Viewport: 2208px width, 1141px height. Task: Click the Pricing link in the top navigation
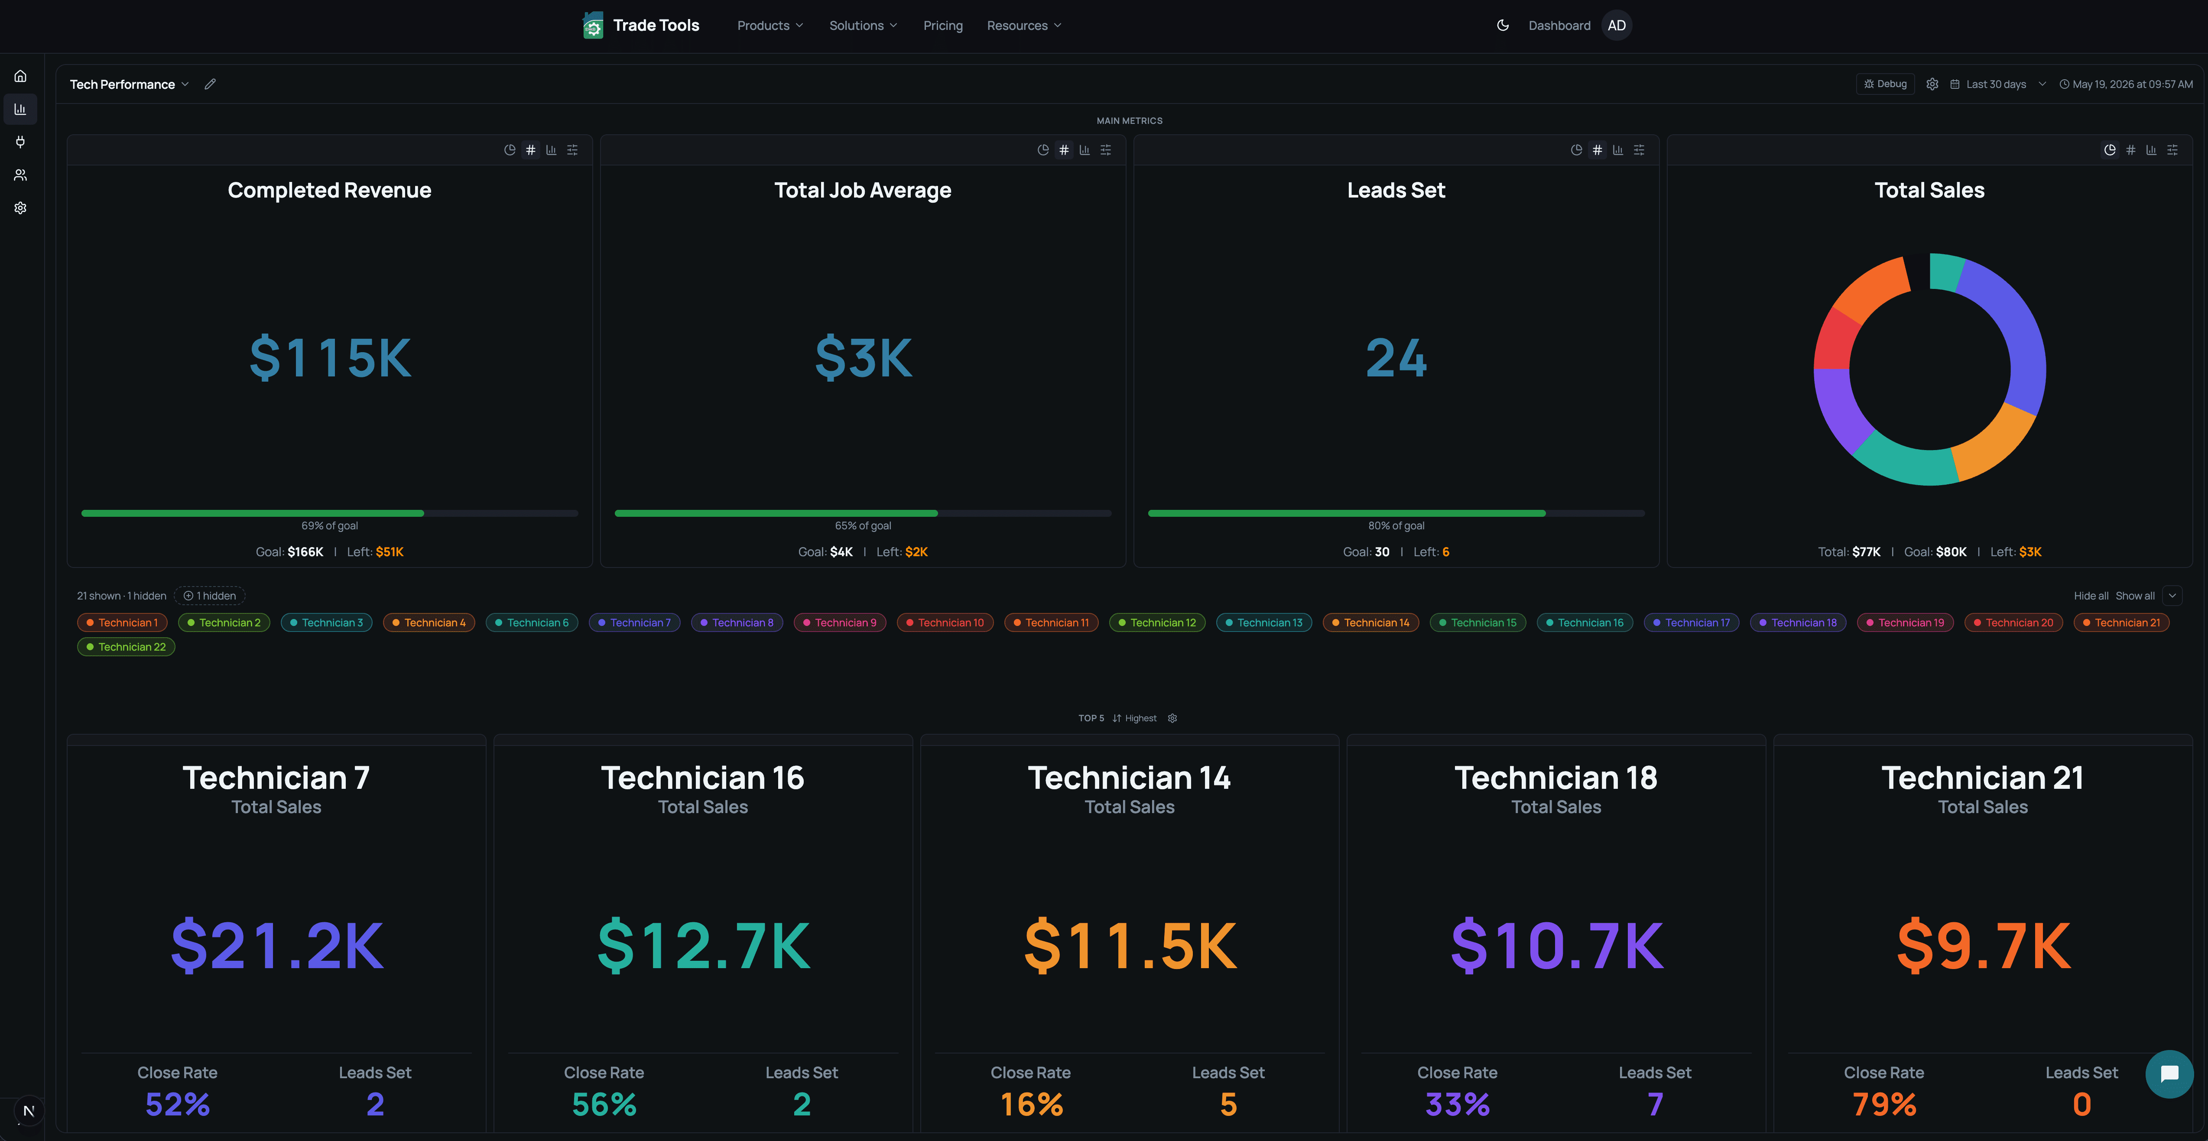click(x=943, y=26)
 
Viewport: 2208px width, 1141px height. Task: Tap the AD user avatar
click(x=1617, y=26)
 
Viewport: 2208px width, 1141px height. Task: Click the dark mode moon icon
click(x=1503, y=26)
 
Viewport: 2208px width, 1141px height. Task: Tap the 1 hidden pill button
click(x=210, y=596)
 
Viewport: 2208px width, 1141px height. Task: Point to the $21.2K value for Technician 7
click(x=277, y=946)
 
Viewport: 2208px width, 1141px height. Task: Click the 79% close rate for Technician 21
click(x=1884, y=1104)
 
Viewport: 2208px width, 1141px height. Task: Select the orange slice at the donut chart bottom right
click(x=1994, y=443)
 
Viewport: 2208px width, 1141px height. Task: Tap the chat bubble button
click(x=2169, y=1074)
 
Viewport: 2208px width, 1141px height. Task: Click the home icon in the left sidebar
click(x=20, y=76)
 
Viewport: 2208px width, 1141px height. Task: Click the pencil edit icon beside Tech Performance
click(x=210, y=84)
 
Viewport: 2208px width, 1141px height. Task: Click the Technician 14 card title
click(x=1129, y=778)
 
